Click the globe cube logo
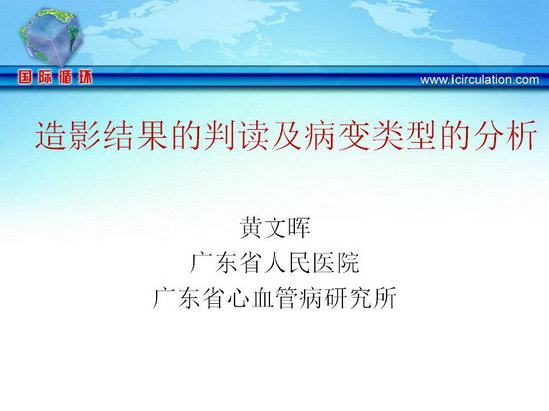point(52,38)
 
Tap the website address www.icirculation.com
point(480,80)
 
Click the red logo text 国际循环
point(55,77)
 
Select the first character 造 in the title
point(51,136)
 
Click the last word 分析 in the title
point(505,136)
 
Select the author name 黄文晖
point(274,228)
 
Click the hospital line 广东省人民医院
point(274,262)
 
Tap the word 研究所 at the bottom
point(360,297)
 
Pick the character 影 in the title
point(85,136)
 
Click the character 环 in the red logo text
point(85,77)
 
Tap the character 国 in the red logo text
point(25,77)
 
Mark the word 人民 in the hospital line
point(287,262)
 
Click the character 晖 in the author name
point(299,228)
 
